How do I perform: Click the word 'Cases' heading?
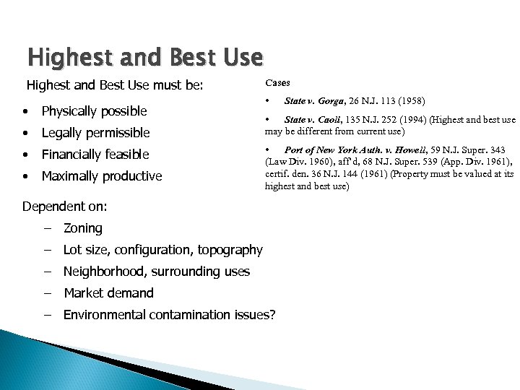point(278,83)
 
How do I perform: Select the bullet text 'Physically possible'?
point(94,111)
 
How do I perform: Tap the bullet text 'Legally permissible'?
point(95,133)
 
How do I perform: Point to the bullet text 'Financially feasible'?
point(95,155)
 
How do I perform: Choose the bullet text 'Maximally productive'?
point(101,176)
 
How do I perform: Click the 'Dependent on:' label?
point(64,207)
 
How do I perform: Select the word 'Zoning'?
point(83,228)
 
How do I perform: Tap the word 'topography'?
point(230,250)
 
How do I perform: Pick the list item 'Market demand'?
point(108,293)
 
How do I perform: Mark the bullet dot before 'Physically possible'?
point(26,112)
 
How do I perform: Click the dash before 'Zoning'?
point(47,228)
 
